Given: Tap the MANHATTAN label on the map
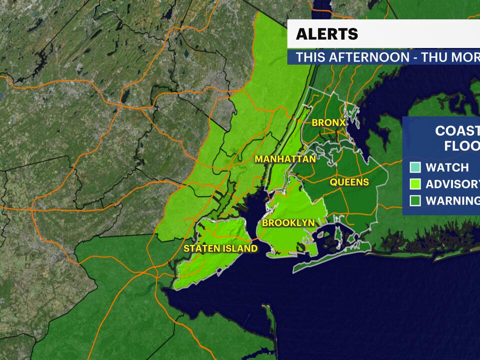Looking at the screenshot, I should pos(285,159).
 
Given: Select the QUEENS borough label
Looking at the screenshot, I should pos(349,182).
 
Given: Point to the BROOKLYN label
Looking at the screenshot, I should pos(288,223).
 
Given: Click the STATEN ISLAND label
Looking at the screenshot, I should pos(220,248).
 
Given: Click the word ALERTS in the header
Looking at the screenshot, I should pos(327,34).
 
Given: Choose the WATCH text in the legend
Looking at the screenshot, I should pos(447,168).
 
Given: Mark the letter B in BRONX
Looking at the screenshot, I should pos(315,122).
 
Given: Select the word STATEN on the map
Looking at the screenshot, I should pos(201,248).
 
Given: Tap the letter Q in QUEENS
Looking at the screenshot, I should pos(333,182).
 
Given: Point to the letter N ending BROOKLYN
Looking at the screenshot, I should pos(311,223).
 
